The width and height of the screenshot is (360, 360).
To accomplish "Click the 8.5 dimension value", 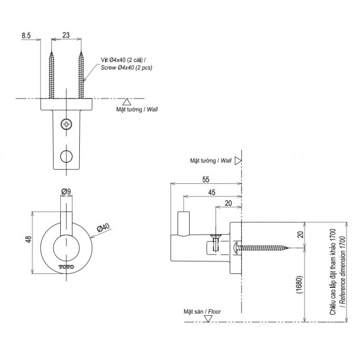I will click(x=27, y=36).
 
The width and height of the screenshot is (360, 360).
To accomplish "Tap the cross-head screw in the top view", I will click(x=66, y=125).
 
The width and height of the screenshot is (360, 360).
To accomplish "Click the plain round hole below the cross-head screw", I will click(x=66, y=156).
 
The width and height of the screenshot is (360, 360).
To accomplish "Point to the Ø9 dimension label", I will click(x=67, y=191).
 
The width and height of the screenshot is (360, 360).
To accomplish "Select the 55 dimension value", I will click(x=206, y=179).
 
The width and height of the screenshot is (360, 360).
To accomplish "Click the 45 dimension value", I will click(x=212, y=192).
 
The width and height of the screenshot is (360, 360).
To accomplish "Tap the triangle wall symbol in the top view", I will click(x=126, y=102).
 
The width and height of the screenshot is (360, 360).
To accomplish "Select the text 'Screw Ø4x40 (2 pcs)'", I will click(x=126, y=68).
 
